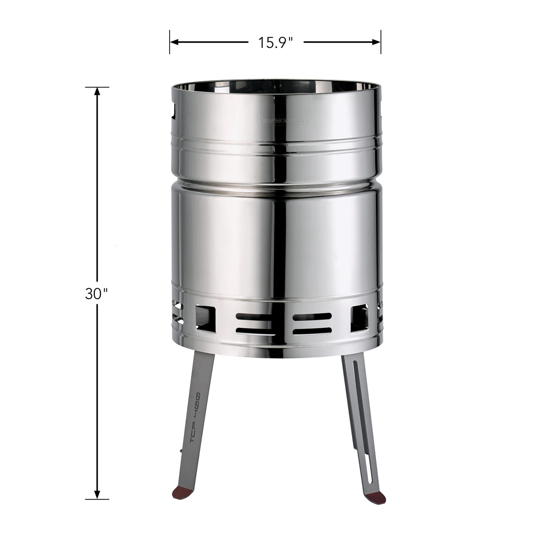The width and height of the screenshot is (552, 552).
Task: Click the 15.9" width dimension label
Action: click(x=275, y=42)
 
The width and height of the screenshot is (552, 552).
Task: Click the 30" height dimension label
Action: click(x=96, y=294)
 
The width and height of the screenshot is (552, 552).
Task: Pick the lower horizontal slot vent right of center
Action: click(x=312, y=331)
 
